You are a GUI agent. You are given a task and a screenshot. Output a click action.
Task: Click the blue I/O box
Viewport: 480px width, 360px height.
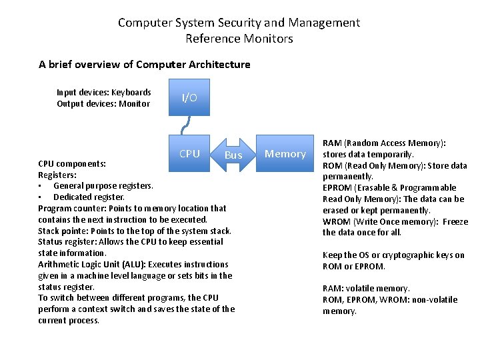pos(189,98)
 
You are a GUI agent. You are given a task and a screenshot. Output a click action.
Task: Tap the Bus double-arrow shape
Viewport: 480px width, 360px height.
pos(233,155)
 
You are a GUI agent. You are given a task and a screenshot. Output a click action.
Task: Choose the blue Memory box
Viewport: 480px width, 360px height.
pos(285,154)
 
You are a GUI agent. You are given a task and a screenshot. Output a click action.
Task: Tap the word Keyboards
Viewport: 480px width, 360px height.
pos(131,93)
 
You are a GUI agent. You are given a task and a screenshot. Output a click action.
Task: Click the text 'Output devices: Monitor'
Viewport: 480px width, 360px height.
pos(103,103)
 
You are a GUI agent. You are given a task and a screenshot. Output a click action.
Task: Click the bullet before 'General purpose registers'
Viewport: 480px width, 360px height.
pos(41,186)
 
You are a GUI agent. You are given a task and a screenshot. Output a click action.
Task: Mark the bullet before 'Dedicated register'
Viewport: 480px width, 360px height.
pos(41,197)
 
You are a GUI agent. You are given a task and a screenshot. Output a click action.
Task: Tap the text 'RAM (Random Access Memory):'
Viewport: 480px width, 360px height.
pos(384,143)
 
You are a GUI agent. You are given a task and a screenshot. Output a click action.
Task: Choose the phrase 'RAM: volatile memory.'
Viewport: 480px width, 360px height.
pos(366,289)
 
